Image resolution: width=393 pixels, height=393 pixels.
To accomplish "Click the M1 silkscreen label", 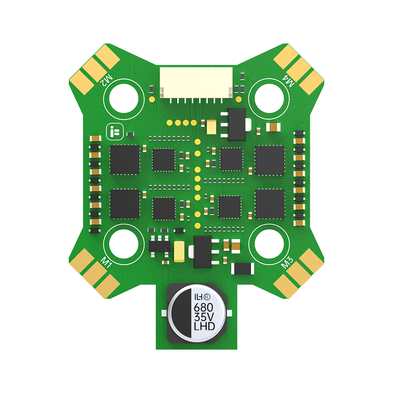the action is tap(106, 262).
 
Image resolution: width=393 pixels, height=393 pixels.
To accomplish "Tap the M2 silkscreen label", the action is tap(106, 80).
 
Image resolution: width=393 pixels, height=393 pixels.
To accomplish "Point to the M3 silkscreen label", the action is tap(287, 262).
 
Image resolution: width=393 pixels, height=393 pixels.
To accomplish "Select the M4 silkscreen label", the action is tap(288, 81).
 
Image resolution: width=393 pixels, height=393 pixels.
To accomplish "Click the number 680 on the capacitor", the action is tap(203, 307).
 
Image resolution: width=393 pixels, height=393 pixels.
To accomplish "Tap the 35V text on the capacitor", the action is tap(204, 317).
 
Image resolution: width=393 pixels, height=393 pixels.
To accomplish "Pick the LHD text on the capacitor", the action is tap(205, 326).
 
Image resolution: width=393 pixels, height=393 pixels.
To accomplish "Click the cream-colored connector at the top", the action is tap(196, 83).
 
